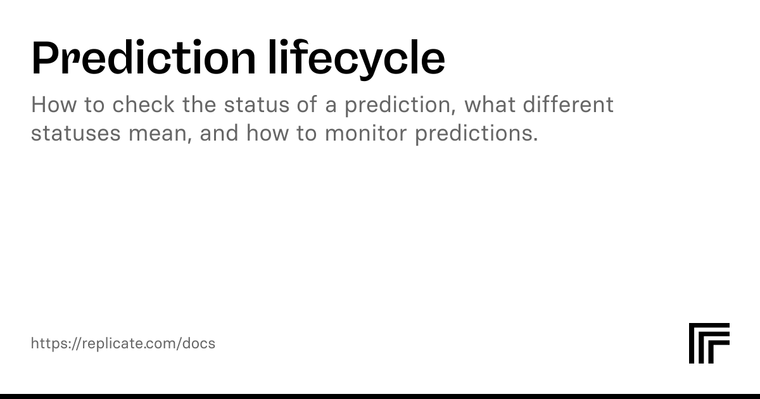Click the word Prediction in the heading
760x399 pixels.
(x=144, y=57)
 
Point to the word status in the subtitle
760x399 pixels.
(x=256, y=104)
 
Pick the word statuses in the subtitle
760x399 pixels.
(x=75, y=133)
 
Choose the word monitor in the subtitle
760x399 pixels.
(x=366, y=132)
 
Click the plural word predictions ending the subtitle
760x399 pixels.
(x=476, y=134)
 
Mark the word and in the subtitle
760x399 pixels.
(x=219, y=132)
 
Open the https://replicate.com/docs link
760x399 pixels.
(x=123, y=344)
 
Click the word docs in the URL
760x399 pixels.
(x=199, y=343)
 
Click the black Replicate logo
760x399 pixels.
(x=709, y=343)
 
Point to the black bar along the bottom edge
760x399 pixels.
(x=380, y=396)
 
